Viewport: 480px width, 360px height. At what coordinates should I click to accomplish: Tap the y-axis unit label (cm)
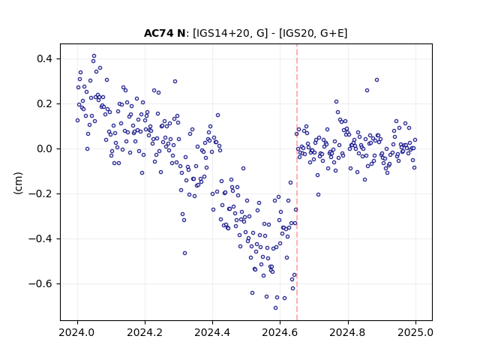pyautogui.click(x=18, y=183)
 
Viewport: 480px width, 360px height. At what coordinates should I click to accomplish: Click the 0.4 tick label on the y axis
pyautogui.click(x=44, y=58)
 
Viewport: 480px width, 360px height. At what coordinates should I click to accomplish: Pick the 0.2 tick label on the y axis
pyautogui.click(x=44, y=103)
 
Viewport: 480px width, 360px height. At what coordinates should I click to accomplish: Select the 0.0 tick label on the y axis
pyautogui.click(x=44, y=148)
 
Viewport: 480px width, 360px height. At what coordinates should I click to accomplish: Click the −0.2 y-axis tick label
pyautogui.click(x=40, y=193)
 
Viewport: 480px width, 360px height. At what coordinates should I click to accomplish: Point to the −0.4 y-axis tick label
pyautogui.click(x=40, y=238)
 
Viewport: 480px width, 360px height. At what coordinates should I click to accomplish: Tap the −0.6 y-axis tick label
pyautogui.click(x=40, y=283)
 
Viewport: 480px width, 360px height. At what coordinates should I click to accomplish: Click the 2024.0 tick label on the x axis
pyautogui.click(x=77, y=332)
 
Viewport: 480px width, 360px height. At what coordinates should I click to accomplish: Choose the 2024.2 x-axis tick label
pyautogui.click(x=145, y=332)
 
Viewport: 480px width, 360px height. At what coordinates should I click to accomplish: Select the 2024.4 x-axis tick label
pyautogui.click(x=212, y=332)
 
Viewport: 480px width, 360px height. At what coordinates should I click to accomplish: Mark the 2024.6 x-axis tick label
pyautogui.click(x=280, y=332)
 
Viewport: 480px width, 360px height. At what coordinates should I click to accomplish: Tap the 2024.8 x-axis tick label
pyautogui.click(x=347, y=332)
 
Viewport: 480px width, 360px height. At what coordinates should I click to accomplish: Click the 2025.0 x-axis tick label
pyautogui.click(x=415, y=332)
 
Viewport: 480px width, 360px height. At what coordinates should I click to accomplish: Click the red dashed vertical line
pyautogui.click(x=297, y=182)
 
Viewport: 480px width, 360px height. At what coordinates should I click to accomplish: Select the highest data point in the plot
pyautogui.click(x=94, y=56)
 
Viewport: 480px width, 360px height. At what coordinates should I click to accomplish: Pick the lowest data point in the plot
pyautogui.click(x=275, y=307)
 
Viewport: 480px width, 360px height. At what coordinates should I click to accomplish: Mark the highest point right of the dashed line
pyautogui.click(x=376, y=80)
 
